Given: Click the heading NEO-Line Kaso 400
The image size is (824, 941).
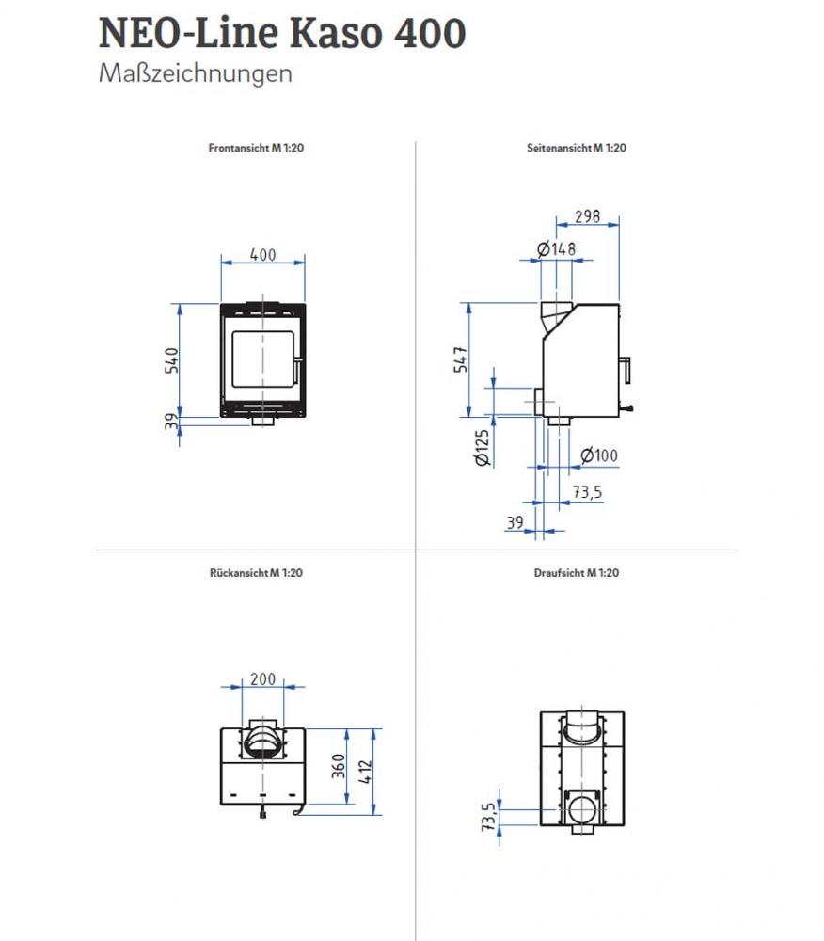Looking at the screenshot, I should coord(281,34).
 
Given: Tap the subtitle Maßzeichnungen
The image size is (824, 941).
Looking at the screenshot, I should coord(195,74).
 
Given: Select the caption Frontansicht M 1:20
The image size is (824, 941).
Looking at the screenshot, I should coord(255,148).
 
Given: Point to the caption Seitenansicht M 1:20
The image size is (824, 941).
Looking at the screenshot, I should coord(578,148).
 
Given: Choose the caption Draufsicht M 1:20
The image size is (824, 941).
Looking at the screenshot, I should coord(577,571).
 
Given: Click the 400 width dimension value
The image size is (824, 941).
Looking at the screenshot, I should coord(262,254).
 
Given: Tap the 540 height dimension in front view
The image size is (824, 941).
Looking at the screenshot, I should coord(171,359).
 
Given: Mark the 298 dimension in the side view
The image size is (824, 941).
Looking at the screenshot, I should coord(587,216).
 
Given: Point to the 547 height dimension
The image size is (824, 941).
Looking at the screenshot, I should coord(461,359).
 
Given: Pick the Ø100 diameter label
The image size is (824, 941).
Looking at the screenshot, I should coord(598,456).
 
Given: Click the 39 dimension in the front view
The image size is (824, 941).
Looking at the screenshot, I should coord(171,423).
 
